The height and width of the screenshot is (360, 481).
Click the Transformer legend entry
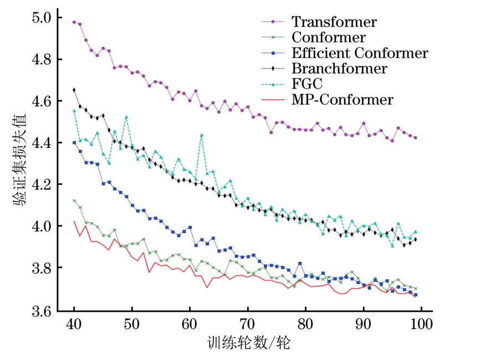point(334,22)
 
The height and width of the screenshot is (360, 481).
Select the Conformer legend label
point(328,38)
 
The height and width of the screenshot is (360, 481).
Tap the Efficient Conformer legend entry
point(360,53)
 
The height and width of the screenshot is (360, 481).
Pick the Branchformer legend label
point(339,69)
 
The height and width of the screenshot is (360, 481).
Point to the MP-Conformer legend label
point(342,100)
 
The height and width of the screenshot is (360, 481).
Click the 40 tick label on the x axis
point(74,323)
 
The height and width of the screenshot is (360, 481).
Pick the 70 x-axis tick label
point(248,323)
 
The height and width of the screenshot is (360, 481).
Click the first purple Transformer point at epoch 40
point(74,22)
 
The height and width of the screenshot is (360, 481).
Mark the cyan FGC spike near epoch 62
point(202,135)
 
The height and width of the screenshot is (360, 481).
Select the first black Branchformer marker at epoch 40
point(74,90)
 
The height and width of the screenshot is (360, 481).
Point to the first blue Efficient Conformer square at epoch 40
point(74,142)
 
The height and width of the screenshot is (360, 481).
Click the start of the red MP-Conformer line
point(74,221)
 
